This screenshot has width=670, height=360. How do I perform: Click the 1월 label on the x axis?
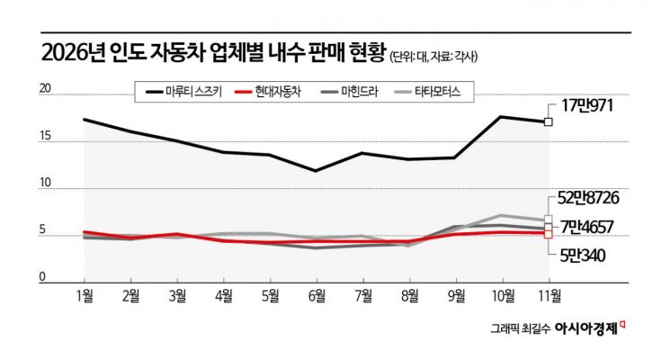85,294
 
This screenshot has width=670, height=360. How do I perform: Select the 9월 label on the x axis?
455,294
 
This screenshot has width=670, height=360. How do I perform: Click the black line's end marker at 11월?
548,121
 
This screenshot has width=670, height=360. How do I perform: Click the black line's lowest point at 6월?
315,170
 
